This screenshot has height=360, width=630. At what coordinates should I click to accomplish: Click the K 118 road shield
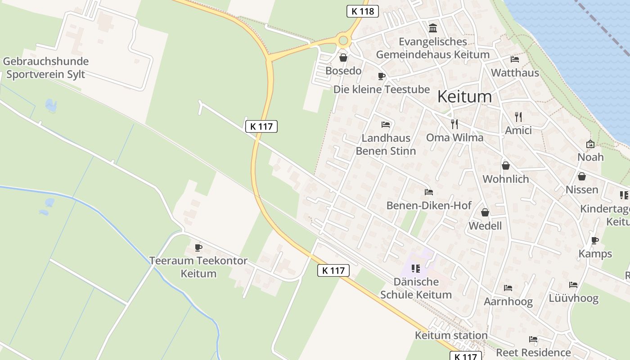click(363, 11)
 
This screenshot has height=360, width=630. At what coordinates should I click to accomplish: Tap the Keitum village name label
click(464, 97)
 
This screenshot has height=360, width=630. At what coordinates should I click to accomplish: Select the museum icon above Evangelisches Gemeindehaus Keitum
click(433, 28)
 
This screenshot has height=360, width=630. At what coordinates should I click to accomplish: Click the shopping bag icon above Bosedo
click(343, 58)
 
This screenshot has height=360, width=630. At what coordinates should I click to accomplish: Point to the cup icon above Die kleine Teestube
click(382, 76)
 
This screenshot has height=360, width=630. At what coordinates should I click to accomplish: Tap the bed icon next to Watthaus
click(515, 59)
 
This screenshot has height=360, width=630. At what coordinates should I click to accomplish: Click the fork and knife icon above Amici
click(518, 117)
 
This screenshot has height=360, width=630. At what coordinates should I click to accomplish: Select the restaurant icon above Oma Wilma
click(454, 124)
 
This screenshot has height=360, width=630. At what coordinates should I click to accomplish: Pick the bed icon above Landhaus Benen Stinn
click(386, 125)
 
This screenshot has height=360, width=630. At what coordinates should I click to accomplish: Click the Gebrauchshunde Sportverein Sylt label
click(45, 68)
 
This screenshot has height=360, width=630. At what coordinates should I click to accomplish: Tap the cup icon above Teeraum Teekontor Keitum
click(198, 247)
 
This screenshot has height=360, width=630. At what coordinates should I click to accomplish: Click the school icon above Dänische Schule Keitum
click(416, 269)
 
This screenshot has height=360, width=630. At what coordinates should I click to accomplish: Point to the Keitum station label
click(451, 335)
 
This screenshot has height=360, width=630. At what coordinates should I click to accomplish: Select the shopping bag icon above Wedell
click(485, 212)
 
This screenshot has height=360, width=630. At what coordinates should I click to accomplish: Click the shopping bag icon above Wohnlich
click(506, 166)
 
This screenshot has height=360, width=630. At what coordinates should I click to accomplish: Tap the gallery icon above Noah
click(590, 144)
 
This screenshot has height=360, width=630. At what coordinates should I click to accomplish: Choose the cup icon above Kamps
click(595, 240)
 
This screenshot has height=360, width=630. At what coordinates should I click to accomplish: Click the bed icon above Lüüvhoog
click(573, 285)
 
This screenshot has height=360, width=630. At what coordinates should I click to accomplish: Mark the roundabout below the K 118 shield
click(344, 41)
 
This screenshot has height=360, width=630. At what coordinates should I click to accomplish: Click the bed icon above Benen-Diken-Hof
click(429, 192)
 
